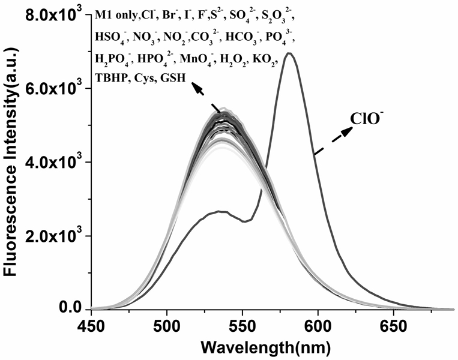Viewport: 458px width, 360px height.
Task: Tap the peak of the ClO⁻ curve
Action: point(289,53)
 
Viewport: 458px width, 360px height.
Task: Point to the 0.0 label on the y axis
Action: point(71,309)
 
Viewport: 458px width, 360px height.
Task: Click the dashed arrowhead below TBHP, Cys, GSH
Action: point(196,87)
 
